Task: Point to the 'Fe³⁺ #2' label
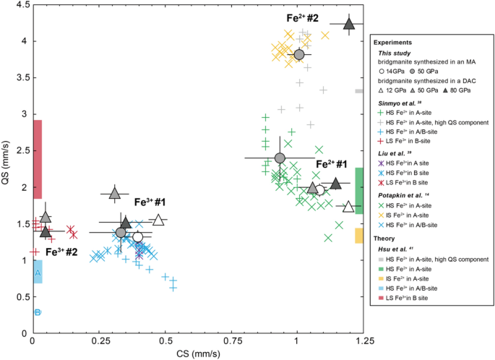point(62,252)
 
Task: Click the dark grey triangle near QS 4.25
point(349,24)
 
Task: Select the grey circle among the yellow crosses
point(299,55)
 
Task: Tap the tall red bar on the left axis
point(38,159)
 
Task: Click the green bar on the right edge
point(359,187)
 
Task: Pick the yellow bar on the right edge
point(359,235)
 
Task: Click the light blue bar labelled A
point(38,272)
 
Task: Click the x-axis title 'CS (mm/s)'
point(197,353)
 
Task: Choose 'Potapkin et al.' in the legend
point(406,195)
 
